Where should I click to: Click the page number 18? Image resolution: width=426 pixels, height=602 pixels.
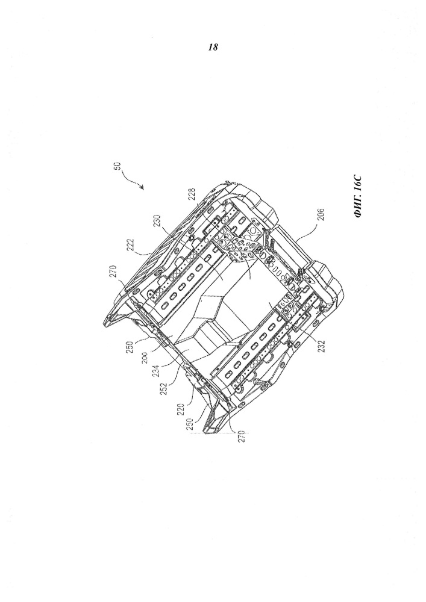213,47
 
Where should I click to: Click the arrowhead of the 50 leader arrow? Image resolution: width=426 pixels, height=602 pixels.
142,188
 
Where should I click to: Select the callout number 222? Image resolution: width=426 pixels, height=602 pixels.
131,244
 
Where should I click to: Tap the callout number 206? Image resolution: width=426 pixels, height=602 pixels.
322,215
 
